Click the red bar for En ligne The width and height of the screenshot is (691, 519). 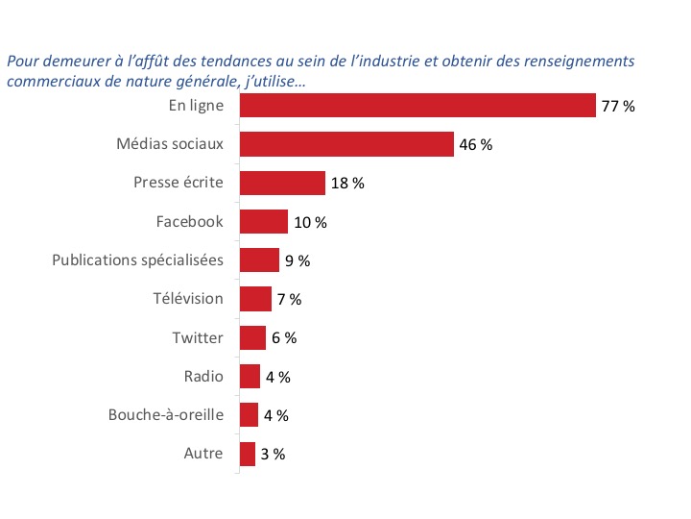coord(417,106)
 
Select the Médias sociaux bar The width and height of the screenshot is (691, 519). coord(346,144)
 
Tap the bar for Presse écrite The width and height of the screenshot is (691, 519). coord(282,183)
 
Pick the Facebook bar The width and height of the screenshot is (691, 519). coord(263,222)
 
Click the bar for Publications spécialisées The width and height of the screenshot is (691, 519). coord(259,260)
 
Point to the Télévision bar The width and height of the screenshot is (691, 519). coord(255,299)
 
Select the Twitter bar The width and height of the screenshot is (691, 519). coord(252,337)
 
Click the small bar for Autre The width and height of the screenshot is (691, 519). coord(248,454)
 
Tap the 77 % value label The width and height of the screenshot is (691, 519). coord(618,107)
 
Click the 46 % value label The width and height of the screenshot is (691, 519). coord(475,145)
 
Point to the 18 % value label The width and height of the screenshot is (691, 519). coord(347,184)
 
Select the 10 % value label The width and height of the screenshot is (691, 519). coord(310,223)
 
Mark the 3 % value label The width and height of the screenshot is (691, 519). coord(273,455)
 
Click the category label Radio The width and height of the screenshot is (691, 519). coord(203,376)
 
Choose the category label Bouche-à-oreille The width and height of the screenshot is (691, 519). coord(166,415)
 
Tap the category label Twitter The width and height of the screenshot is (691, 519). coord(198,337)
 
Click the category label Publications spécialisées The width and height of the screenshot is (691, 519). coord(137,260)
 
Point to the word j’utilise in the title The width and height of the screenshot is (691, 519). coord(275,82)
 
